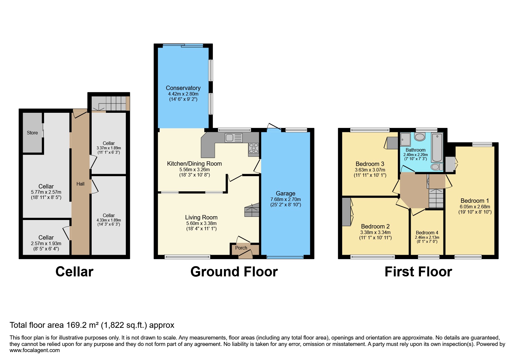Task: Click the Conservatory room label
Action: pyautogui.click(x=183, y=88)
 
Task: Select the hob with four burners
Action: pyautogui.click(x=254, y=148)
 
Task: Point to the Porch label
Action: pyautogui.click(x=241, y=248)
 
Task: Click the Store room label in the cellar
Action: pyautogui.click(x=32, y=133)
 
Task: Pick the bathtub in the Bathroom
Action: pyautogui.click(x=437, y=147)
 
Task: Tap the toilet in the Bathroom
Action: pyautogui.click(x=436, y=167)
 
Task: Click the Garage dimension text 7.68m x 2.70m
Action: pyautogui.click(x=286, y=199)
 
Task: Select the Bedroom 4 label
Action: pyautogui.click(x=427, y=233)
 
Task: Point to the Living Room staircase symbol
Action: pyautogui.click(x=252, y=210)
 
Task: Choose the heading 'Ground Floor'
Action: pyautogui.click(x=234, y=272)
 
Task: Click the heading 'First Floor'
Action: pyautogui.click(x=418, y=272)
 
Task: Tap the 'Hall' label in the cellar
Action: pyautogui.click(x=80, y=184)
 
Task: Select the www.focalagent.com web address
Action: pyautogui.click(x=34, y=350)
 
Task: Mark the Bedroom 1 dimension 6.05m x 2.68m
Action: pyautogui.click(x=475, y=207)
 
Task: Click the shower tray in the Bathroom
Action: pyautogui.click(x=405, y=139)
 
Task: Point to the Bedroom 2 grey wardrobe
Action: pyautogui.click(x=346, y=212)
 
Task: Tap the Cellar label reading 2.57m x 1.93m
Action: pyautogui.click(x=46, y=243)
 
